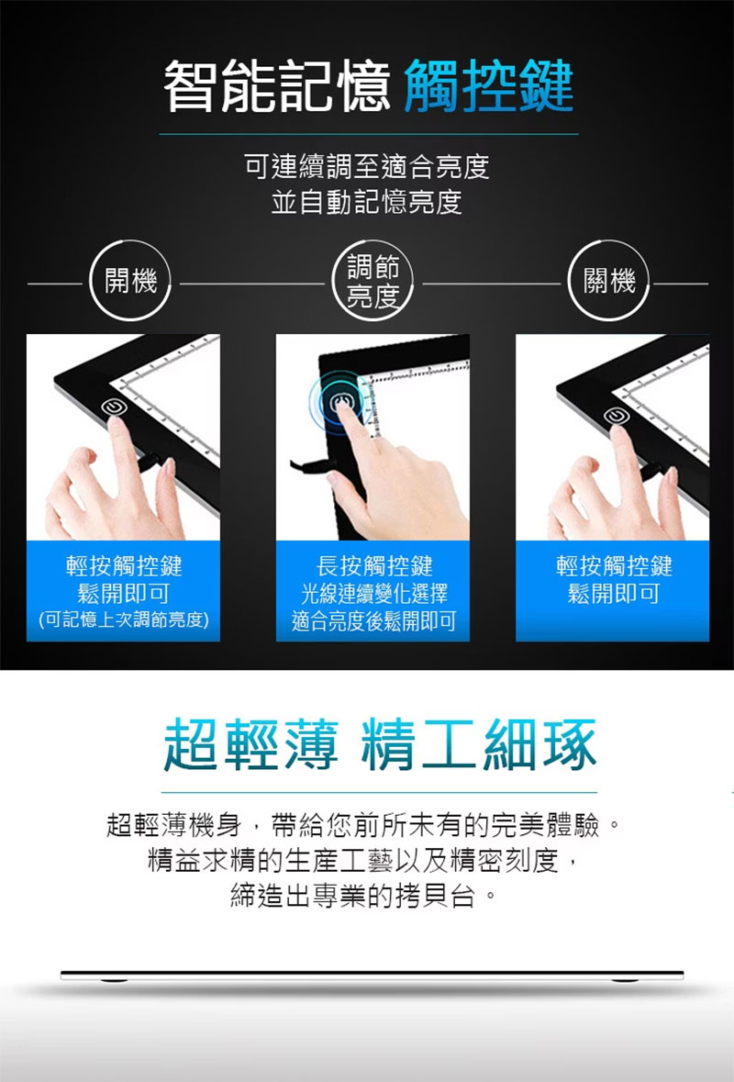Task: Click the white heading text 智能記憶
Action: [277, 86]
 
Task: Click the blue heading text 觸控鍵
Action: [488, 86]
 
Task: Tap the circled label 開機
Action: [130, 281]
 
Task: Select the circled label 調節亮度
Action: [373, 281]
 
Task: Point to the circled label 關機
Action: [609, 281]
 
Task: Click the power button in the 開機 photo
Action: [114, 407]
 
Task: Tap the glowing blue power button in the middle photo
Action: [339, 403]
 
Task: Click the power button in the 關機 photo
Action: [616, 415]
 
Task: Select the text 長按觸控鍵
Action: [374, 566]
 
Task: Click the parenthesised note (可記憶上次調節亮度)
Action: [124, 619]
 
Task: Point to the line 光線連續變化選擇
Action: [374, 594]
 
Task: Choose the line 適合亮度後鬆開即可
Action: [374, 621]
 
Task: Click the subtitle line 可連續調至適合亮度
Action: [367, 166]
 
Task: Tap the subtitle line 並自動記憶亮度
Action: [366, 202]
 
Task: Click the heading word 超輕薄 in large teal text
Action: [251, 744]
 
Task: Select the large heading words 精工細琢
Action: [479, 744]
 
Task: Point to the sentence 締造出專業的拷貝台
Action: [362, 896]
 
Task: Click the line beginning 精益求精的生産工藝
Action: [362, 860]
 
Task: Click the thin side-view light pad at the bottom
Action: [372, 976]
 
